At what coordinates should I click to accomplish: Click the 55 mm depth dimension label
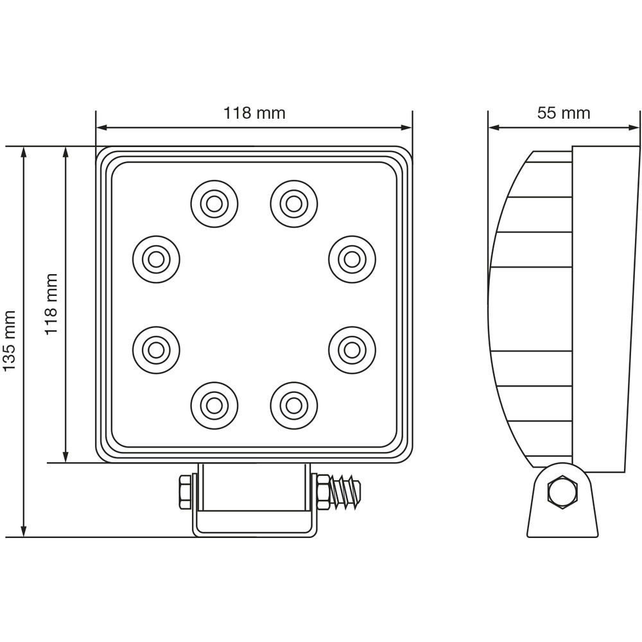pyautogui.click(x=563, y=114)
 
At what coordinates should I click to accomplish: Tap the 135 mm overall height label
pyautogui.click(x=9, y=341)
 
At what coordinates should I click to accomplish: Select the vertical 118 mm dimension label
pyautogui.click(x=51, y=304)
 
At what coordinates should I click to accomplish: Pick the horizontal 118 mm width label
pyautogui.click(x=254, y=114)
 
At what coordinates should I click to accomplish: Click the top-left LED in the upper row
pyautogui.click(x=214, y=204)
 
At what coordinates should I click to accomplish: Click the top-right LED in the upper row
pyautogui.click(x=294, y=204)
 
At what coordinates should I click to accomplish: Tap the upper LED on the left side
pyautogui.click(x=156, y=259)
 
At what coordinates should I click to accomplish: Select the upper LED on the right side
pyautogui.click(x=352, y=259)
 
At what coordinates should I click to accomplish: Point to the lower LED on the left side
pyautogui.click(x=156, y=349)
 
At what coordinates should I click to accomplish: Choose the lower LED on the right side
pyautogui.click(x=352, y=349)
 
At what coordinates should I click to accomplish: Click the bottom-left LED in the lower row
pyautogui.click(x=214, y=405)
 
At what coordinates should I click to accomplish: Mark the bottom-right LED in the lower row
pyautogui.click(x=294, y=405)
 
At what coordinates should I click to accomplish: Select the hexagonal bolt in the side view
pyautogui.click(x=562, y=492)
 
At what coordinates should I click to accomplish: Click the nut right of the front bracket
pyautogui.click(x=323, y=492)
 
